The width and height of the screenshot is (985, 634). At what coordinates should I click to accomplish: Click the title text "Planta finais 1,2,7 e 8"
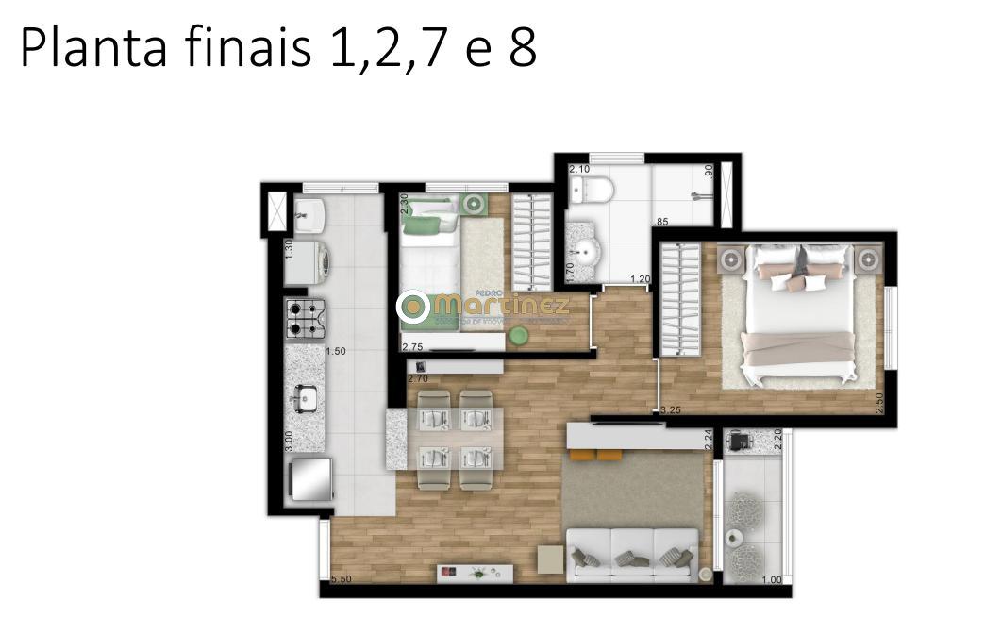[278, 49]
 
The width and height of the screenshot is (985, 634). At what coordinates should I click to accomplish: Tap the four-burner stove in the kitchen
[306, 318]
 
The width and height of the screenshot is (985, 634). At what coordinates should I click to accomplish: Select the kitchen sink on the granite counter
[305, 398]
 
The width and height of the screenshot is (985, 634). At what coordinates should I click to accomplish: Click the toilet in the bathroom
[596, 191]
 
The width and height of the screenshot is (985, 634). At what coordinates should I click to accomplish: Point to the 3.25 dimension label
[671, 410]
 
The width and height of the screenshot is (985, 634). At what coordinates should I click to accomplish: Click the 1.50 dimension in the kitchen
[336, 352]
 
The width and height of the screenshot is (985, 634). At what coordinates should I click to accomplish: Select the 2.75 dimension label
[412, 347]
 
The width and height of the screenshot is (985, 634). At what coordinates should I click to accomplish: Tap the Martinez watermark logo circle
[412, 306]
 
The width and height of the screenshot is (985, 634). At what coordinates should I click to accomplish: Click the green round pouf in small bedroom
[518, 334]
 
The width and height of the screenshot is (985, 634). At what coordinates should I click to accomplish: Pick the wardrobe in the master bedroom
[679, 299]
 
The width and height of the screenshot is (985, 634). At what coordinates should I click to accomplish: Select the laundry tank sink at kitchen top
[309, 215]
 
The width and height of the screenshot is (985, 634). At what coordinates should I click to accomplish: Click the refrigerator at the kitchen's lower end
[311, 481]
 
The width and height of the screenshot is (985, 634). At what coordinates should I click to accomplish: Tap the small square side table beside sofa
[550, 559]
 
